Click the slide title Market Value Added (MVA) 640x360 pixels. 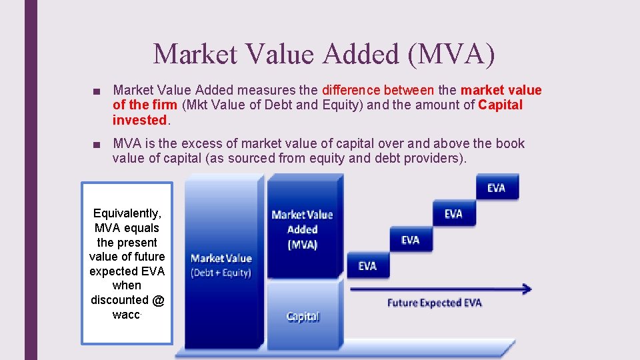click(x=324, y=54)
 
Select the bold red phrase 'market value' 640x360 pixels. click(x=501, y=90)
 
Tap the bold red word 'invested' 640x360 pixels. click(x=140, y=120)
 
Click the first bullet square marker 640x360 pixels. click(x=97, y=91)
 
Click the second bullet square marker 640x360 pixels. click(x=97, y=144)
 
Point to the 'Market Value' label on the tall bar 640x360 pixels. click(x=221, y=258)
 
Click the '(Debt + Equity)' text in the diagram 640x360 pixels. click(x=221, y=272)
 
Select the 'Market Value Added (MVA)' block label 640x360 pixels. click(x=302, y=229)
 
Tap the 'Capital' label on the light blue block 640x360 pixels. click(x=303, y=317)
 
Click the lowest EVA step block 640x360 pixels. click(x=367, y=266)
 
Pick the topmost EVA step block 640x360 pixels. click(x=496, y=188)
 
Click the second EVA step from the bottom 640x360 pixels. click(x=410, y=240)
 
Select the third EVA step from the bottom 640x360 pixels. click(x=453, y=214)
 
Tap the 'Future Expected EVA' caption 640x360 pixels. click(x=434, y=303)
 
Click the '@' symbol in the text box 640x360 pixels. click(x=157, y=300)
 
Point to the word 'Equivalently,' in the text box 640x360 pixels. click(x=127, y=213)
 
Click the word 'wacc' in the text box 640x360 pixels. click(x=125, y=315)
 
